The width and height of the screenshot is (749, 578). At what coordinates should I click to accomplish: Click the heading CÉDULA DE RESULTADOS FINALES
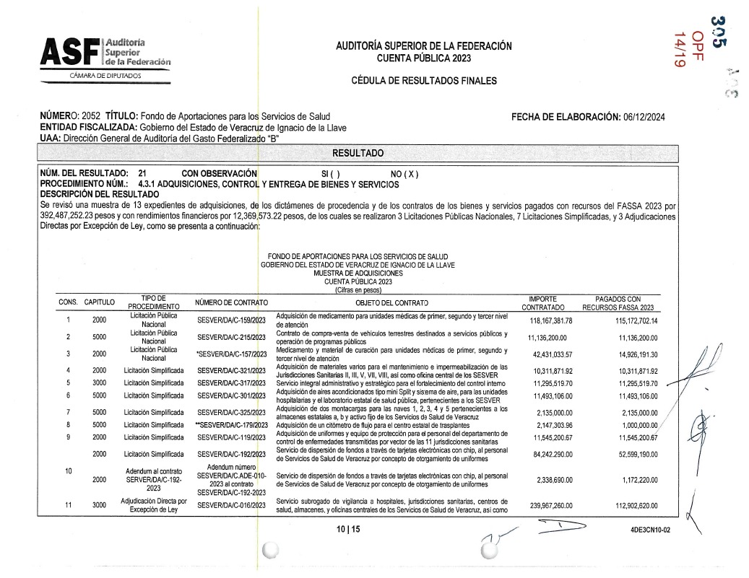tap(424, 81)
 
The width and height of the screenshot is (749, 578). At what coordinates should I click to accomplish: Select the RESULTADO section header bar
tap(358, 153)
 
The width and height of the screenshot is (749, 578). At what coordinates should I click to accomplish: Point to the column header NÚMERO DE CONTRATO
tap(231, 302)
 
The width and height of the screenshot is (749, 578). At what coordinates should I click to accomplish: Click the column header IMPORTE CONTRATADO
tap(543, 302)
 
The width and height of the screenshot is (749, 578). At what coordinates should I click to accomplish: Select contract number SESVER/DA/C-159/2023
tap(232, 320)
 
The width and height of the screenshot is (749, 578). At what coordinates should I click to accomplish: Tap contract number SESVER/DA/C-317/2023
tap(232, 382)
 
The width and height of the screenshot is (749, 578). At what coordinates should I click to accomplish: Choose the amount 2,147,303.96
tap(550, 425)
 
